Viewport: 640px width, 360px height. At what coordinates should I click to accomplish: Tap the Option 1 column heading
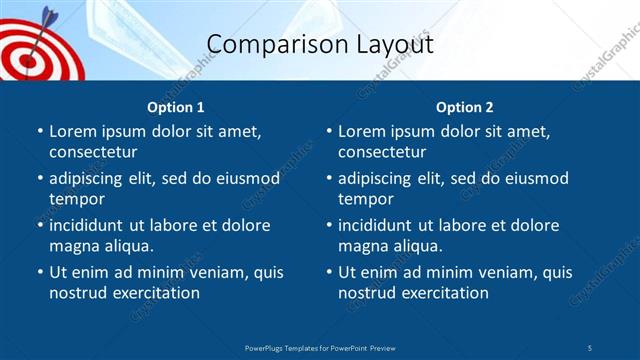click(176, 107)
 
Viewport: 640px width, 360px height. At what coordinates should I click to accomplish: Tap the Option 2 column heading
click(465, 107)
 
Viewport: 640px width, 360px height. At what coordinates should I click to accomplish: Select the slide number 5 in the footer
click(590, 347)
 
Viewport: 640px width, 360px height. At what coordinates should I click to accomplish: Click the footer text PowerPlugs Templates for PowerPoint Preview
click(320, 347)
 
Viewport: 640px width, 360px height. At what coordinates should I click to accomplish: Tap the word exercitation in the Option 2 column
click(444, 293)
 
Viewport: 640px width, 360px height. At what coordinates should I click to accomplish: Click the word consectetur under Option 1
click(93, 152)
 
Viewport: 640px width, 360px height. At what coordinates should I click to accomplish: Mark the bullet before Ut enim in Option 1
click(40, 272)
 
